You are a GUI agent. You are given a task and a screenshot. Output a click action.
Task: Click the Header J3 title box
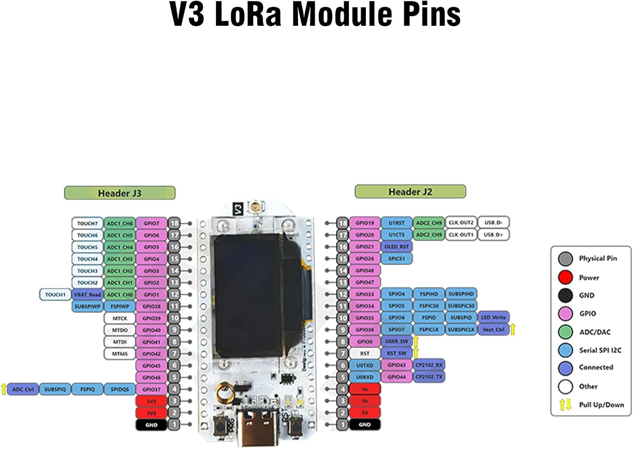pos(119,193)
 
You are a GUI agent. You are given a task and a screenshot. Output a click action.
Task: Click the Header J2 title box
pos(410,191)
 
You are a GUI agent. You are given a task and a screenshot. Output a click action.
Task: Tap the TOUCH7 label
pos(87,223)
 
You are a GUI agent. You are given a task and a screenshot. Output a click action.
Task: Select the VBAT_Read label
pos(87,294)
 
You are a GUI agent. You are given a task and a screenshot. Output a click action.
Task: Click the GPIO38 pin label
pos(151,306)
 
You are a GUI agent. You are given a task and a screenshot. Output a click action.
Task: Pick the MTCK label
pos(120,318)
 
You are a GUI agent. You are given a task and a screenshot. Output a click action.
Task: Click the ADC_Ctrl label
pos(23,389)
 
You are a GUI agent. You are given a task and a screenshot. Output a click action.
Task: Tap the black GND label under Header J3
pos(151,425)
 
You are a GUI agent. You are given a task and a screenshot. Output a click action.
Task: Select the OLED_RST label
pos(397,246)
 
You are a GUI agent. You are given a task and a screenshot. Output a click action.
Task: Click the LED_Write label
pos(493,317)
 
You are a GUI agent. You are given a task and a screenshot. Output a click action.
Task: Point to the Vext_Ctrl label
pos(493,329)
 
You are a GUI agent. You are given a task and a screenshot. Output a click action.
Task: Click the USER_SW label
pos(397,341)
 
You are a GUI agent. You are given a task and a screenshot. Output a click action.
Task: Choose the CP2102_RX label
pos(429,365)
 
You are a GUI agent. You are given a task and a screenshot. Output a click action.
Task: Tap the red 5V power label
pos(365,413)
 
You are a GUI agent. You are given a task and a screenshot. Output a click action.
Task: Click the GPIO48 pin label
pos(365,270)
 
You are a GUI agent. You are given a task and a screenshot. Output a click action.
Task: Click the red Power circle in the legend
pos(565,278)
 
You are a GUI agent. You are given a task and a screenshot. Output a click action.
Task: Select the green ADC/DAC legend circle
pos(565,332)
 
